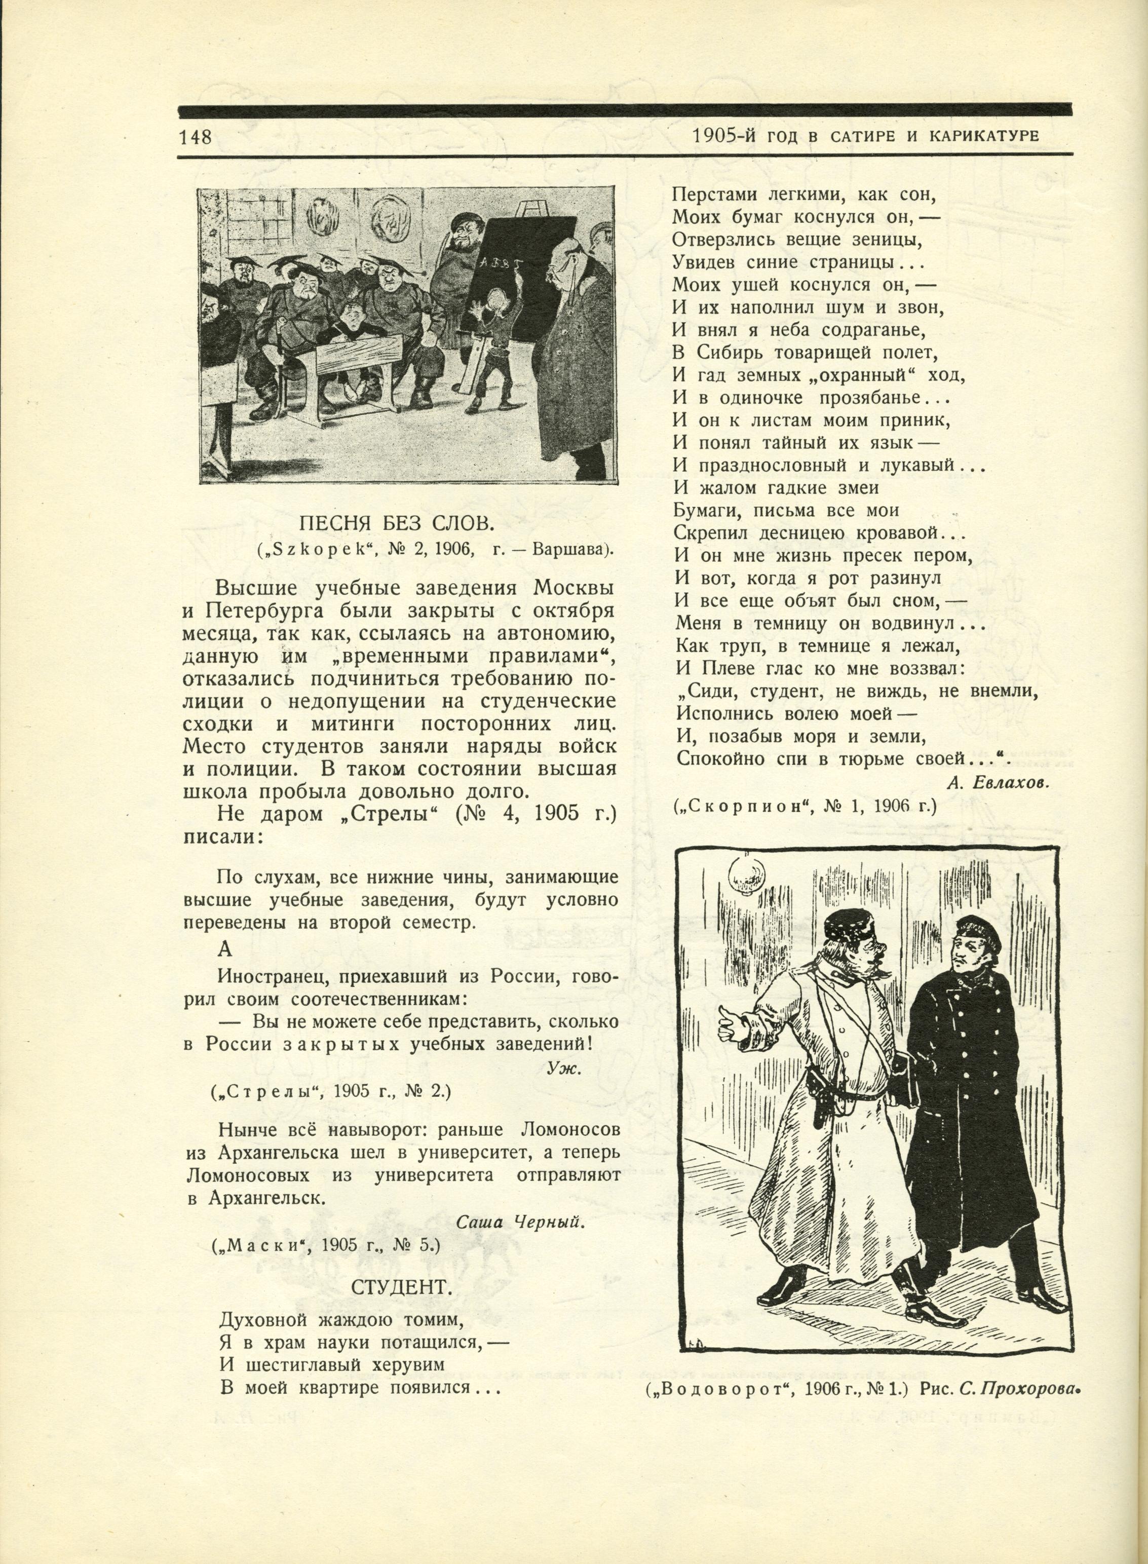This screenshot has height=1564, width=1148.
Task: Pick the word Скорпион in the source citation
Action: pos(744,807)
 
